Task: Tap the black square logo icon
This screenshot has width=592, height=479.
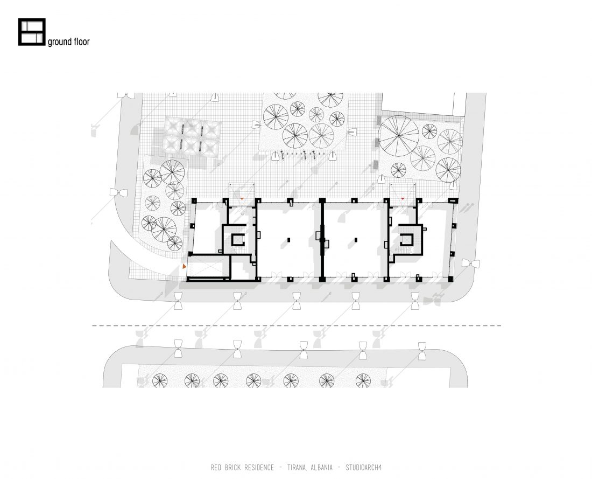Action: (32, 32)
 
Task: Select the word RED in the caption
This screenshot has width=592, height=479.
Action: (216, 467)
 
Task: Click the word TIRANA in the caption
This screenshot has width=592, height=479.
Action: (297, 467)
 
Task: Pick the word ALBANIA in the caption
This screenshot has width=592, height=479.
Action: (321, 467)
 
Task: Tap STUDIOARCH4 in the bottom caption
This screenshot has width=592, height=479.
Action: (364, 467)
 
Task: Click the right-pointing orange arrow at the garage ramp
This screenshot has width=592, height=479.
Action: (184, 267)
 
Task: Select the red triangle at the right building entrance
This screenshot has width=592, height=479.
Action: (403, 198)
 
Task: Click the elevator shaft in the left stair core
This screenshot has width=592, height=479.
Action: (238, 239)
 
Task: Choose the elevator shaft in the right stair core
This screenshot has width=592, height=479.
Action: (406, 239)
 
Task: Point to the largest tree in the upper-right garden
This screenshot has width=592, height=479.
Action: (399, 136)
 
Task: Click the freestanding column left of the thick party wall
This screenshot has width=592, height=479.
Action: (289, 239)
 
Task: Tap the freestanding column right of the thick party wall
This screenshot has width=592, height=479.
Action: (356, 239)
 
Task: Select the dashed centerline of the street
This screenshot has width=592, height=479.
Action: (297, 325)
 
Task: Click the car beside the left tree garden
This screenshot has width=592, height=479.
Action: (118, 192)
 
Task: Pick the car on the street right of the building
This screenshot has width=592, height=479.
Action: (470, 263)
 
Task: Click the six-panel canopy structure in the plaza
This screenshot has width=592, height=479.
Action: (192, 136)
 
